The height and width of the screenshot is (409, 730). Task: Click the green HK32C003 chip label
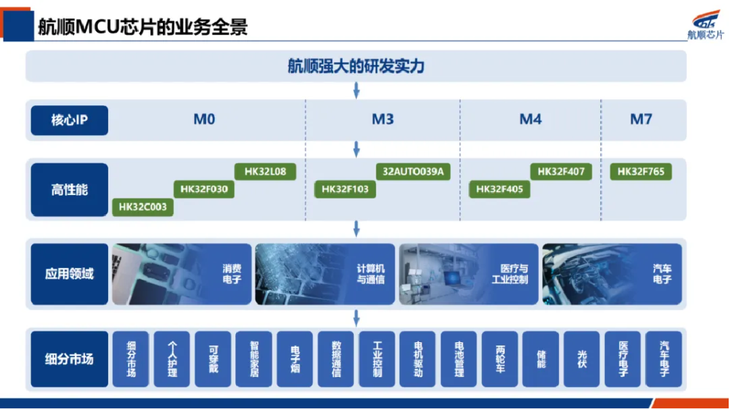(143, 207)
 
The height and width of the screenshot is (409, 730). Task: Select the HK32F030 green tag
(204, 189)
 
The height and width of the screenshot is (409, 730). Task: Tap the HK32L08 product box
(265, 171)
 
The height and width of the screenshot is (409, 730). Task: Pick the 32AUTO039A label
(413, 171)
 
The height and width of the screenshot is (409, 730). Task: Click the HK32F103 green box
(345, 189)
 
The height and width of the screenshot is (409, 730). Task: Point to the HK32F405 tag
(500, 189)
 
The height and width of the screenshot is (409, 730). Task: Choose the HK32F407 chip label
(561, 171)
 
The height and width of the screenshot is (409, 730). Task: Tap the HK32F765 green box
(641, 171)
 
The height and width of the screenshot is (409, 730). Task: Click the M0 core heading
(204, 119)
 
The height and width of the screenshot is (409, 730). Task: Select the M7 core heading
(641, 119)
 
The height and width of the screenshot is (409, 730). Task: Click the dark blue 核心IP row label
(70, 120)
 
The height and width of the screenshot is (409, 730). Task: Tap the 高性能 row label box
(70, 190)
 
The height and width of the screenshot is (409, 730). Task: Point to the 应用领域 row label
(70, 274)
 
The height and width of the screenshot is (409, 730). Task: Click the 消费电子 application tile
(182, 274)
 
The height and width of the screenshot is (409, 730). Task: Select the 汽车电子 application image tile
(612, 274)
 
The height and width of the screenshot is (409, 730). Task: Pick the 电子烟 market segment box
(295, 359)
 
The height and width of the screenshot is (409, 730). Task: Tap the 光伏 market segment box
(581, 359)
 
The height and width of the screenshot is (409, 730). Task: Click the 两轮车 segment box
(500, 359)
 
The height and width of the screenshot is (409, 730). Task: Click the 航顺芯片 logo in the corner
(706, 24)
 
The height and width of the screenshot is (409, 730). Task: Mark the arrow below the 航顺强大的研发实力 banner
(356, 90)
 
